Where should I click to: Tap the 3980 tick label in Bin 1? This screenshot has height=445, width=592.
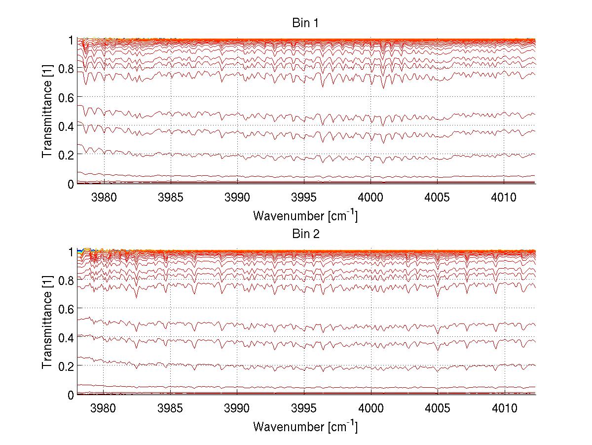click(x=104, y=197)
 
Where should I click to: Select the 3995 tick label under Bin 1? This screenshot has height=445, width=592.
click(x=304, y=197)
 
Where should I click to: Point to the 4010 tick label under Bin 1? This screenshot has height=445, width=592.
click(x=504, y=197)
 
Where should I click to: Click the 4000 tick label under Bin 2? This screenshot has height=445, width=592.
click(x=370, y=408)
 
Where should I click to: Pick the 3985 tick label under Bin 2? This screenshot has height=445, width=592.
click(x=171, y=408)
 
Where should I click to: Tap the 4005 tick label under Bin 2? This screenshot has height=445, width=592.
click(x=437, y=408)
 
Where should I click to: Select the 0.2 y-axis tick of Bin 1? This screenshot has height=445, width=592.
click(x=67, y=155)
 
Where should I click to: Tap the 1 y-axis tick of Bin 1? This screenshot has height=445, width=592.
click(x=71, y=40)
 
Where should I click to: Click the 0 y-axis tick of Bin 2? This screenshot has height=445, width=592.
click(x=71, y=395)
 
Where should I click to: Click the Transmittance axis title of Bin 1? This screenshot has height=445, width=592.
click(x=47, y=112)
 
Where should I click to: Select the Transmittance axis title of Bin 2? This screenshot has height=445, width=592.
click(x=47, y=323)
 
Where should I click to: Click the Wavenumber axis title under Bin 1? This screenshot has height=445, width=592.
click(x=305, y=215)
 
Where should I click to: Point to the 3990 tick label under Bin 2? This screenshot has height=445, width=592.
click(x=237, y=408)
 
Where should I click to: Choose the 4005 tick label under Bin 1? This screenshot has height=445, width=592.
click(x=437, y=197)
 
